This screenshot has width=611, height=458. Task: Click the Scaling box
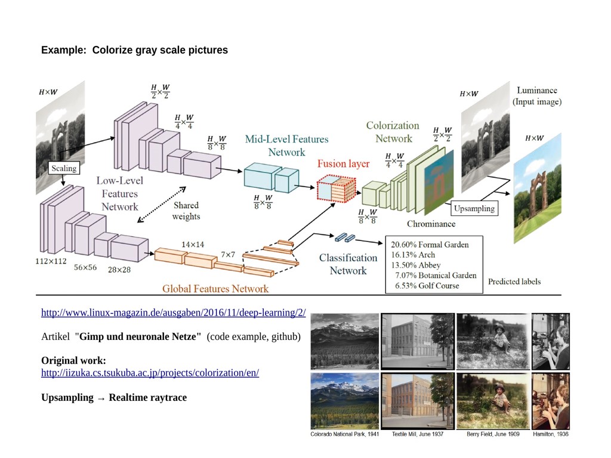pyautogui.click(x=63, y=168)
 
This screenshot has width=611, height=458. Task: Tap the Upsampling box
pyautogui.click(x=474, y=209)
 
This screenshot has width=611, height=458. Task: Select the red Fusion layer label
pyautogui.click(x=343, y=164)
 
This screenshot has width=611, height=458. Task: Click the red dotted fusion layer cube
pyautogui.click(x=332, y=189)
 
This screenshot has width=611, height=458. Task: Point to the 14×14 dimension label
pyautogui.click(x=193, y=245)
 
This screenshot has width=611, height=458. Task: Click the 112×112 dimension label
pyautogui.click(x=51, y=261)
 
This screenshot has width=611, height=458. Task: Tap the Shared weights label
pyautogui.click(x=186, y=211)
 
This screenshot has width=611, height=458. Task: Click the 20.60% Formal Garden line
pyautogui.click(x=430, y=245)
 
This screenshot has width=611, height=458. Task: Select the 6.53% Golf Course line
pyautogui.click(x=427, y=286)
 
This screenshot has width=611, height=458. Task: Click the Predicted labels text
pyautogui.click(x=514, y=281)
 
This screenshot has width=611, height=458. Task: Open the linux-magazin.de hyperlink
pyautogui.click(x=173, y=313)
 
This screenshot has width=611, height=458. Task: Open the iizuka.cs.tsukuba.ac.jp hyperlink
pyautogui.click(x=150, y=373)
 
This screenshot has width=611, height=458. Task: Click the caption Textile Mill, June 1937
pyautogui.click(x=418, y=434)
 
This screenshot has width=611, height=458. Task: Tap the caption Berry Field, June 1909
pyautogui.click(x=493, y=434)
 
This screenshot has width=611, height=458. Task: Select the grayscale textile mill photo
pyautogui.click(x=418, y=341)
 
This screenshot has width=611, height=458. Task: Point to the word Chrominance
pyautogui.click(x=431, y=224)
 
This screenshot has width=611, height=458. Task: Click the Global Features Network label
pyautogui.click(x=215, y=289)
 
